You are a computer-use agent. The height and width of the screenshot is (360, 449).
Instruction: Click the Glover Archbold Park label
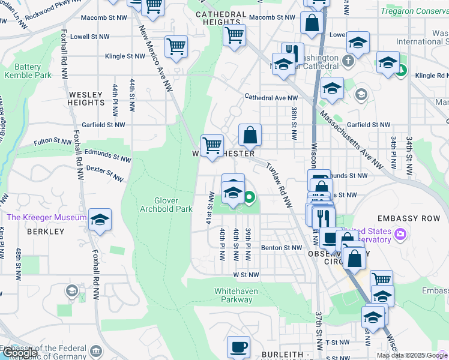pyautogui.click(x=166, y=205)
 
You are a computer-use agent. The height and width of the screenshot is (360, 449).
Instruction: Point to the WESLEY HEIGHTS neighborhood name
pyautogui.click(x=86, y=98)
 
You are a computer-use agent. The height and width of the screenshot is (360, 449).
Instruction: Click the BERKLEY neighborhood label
pyautogui.click(x=45, y=232)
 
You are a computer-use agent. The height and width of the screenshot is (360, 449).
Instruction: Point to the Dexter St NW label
pyautogui.click(x=104, y=174)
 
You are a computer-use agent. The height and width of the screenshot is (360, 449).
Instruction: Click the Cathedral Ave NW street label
pyautogui.click(x=271, y=97)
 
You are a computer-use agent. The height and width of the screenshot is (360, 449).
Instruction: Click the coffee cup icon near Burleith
pyautogui.click(x=238, y=346)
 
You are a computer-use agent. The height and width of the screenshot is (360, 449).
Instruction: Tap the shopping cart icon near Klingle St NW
pyautogui.click(x=176, y=46)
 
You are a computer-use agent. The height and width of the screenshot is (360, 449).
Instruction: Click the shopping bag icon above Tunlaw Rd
pyautogui.click(x=250, y=134)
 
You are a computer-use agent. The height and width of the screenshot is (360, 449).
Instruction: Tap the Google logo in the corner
pyautogui.click(x=20, y=353)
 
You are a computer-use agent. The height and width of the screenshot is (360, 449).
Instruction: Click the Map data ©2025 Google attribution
pyautogui.click(x=411, y=355)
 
